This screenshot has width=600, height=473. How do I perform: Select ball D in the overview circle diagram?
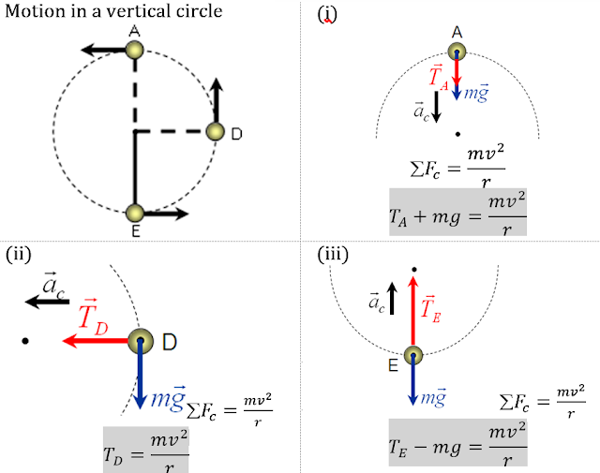pos(216,133)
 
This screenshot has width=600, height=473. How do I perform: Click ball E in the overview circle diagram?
pos(135,214)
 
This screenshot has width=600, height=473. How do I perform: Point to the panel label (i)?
pos(327,14)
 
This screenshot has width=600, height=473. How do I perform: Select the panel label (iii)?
pos(331,252)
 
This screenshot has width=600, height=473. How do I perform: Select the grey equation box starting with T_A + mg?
pos(457,211)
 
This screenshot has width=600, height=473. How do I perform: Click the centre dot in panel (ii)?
pos(26,341)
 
